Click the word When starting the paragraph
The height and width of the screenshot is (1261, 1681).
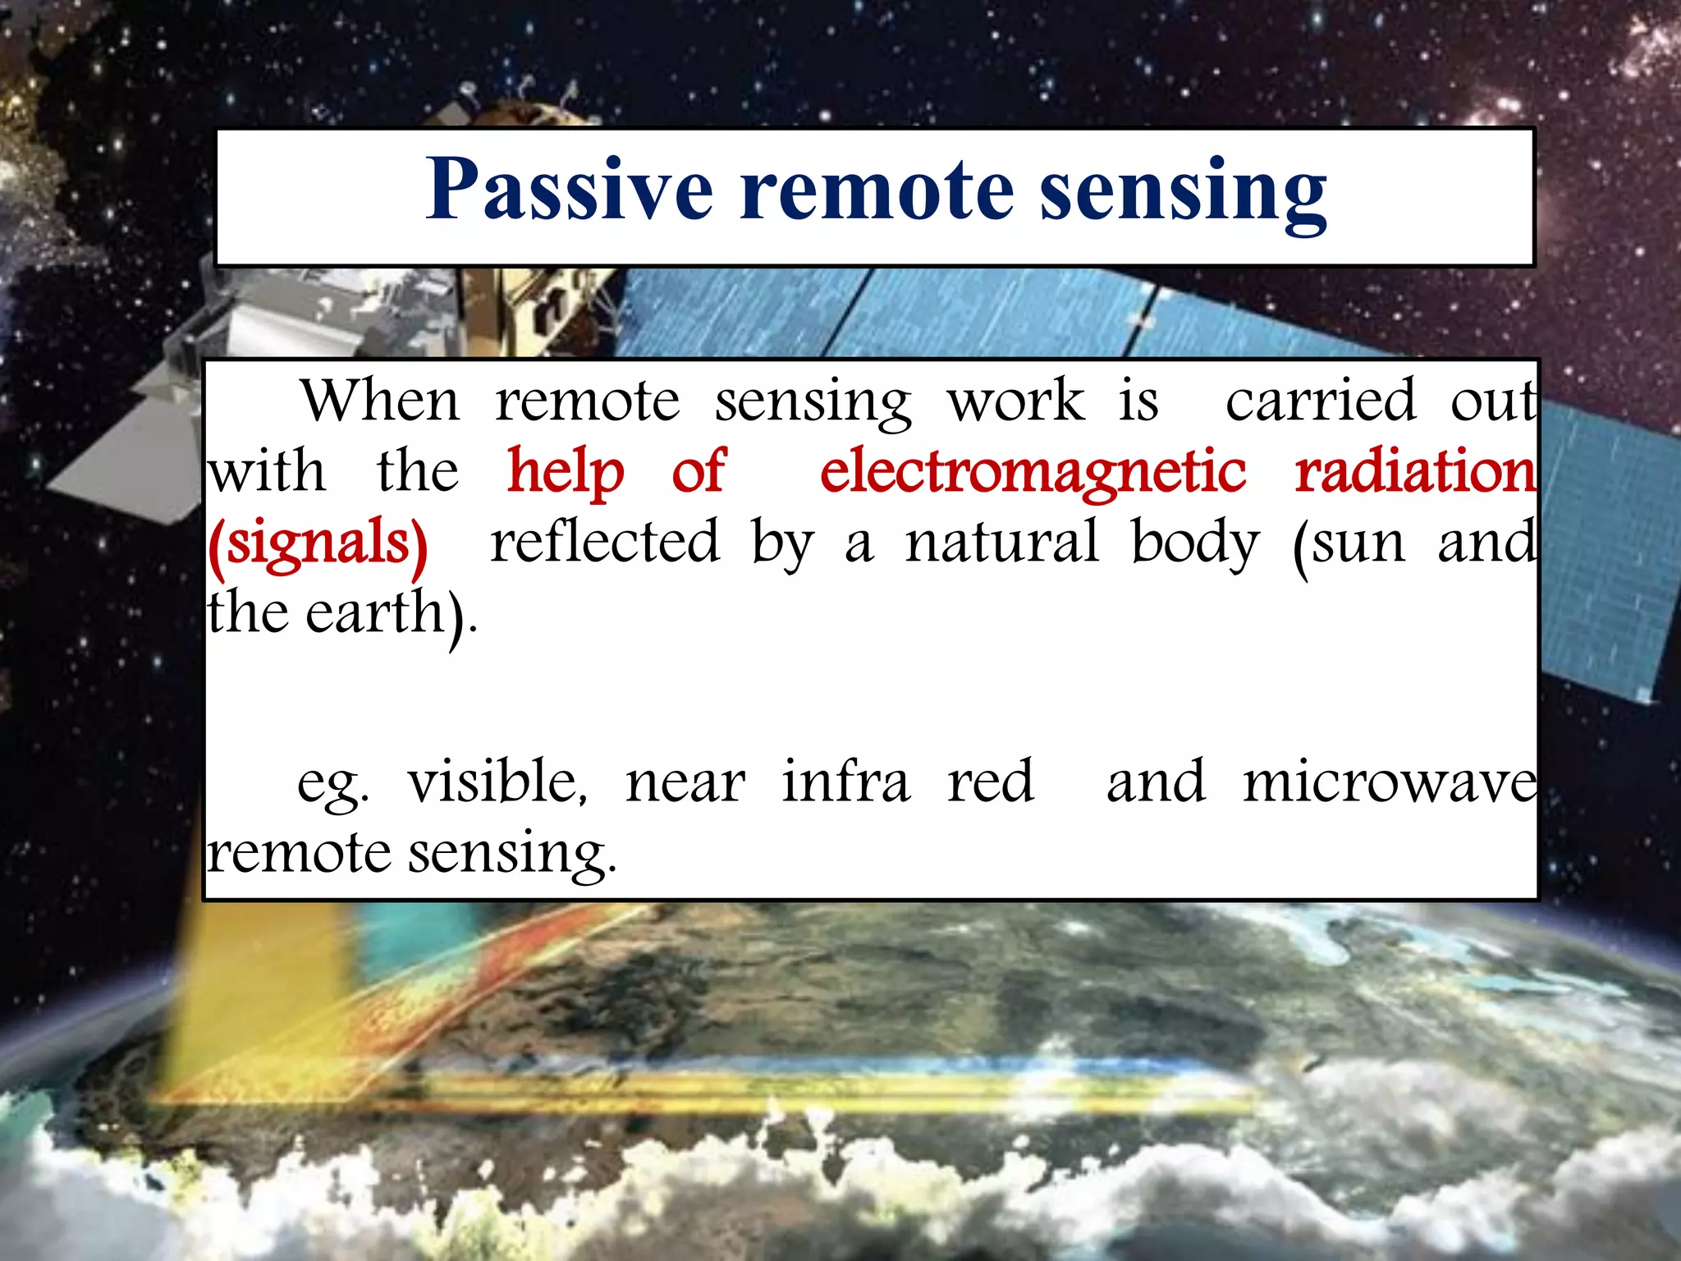pyautogui.click(x=381, y=401)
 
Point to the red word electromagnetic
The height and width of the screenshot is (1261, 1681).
pyautogui.click(x=1033, y=473)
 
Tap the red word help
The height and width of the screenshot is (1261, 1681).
pyautogui.click(x=566, y=473)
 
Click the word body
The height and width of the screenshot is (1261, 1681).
pyautogui.click(x=1194, y=543)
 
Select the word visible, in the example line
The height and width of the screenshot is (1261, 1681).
pyautogui.click(x=497, y=782)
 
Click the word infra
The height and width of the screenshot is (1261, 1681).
pyautogui.click(x=845, y=782)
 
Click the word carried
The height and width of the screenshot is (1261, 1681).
pyautogui.click(x=1321, y=401)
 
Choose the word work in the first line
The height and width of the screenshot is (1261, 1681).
pyautogui.click(x=1016, y=401)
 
